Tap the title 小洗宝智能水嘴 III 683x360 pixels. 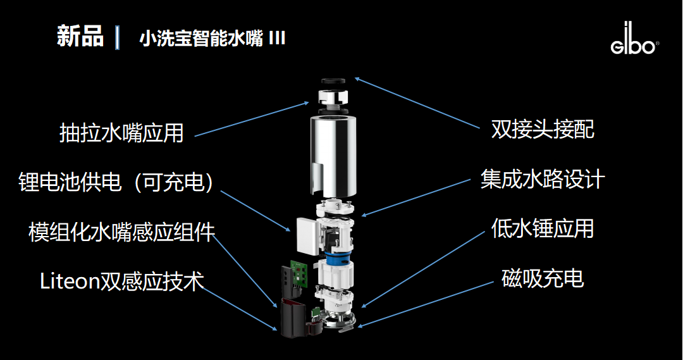click(x=212, y=39)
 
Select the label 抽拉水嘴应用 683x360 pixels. click(x=121, y=133)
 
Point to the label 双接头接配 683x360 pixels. click(x=543, y=130)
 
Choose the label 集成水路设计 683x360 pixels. click(x=543, y=179)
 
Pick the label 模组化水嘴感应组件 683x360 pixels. click(x=122, y=232)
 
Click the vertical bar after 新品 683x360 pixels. click(x=118, y=37)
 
